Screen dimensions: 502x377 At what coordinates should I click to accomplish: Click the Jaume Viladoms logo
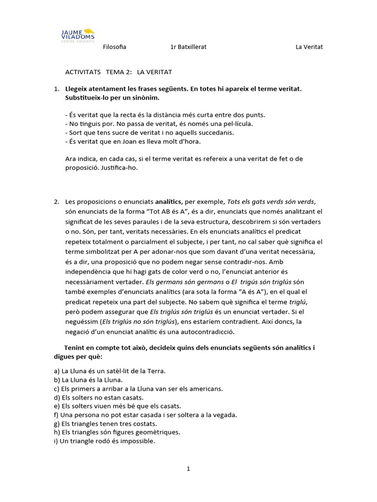[x=78, y=35]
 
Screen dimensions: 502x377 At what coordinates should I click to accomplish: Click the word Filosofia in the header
[x=115, y=47]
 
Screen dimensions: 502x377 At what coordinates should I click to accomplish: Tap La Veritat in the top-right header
[x=309, y=47]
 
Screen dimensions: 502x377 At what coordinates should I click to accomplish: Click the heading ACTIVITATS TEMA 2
[x=118, y=72]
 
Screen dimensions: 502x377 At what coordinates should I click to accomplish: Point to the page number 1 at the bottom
[x=188, y=469]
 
